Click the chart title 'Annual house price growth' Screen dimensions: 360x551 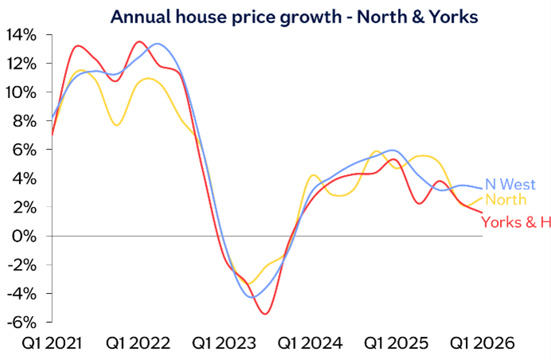(x=294, y=15)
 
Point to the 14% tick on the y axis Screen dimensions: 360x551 (x=21, y=35)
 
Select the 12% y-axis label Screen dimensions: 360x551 (x=21, y=64)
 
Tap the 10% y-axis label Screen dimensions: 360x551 (x=21, y=92)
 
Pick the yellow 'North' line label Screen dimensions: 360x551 (x=506, y=201)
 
